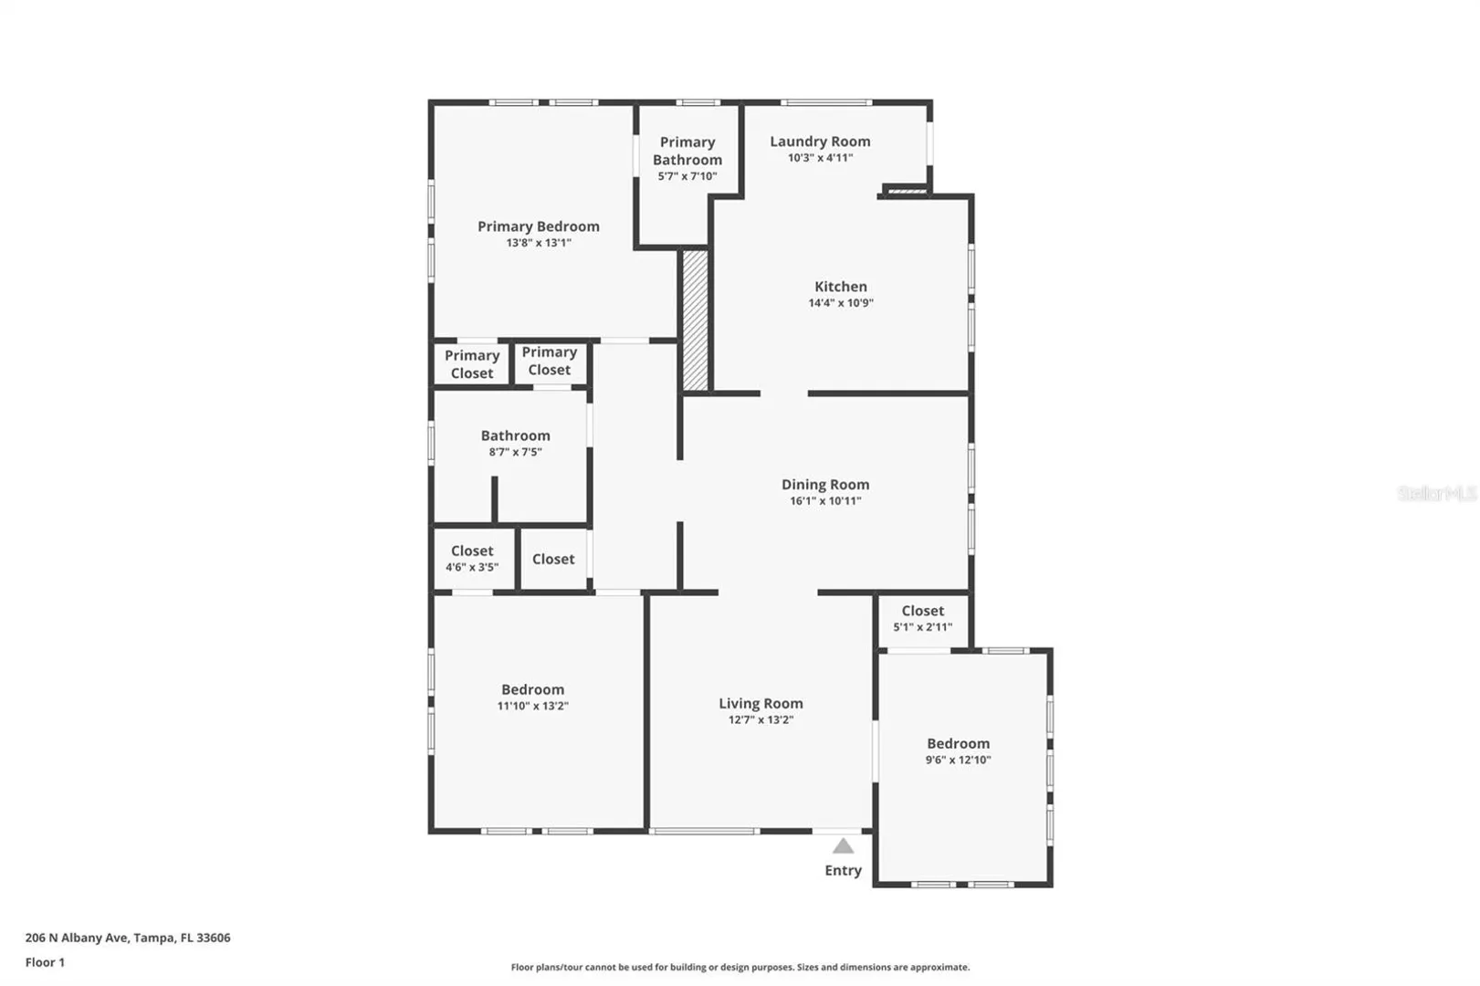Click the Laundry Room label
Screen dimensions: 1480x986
click(x=820, y=142)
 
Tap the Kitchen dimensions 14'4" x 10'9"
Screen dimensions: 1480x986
click(x=841, y=303)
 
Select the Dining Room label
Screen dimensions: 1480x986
click(x=825, y=485)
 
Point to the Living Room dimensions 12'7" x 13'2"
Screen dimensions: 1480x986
click(x=761, y=719)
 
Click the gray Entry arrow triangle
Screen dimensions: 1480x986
click(x=843, y=846)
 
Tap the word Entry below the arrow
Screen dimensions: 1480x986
click(x=843, y=870)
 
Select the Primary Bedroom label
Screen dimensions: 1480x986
click(x=539, y=226)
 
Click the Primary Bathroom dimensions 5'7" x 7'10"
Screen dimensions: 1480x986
click(x=688, y=176)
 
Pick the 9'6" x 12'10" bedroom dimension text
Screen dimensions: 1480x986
click(x=958, y=760)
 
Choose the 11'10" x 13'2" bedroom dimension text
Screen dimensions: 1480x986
click(x=532, y=706)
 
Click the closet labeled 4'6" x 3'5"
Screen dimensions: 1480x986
click(x=472, y=559)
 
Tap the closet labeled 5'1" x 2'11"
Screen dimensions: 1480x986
click(x=923, y=619)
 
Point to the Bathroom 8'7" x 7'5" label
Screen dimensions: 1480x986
click(x=515, y=443)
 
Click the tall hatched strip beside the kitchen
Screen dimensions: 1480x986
click(x=695, y=320)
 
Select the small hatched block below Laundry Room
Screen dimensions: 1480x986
click(x=908, y=192)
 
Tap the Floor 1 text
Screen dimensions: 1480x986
click(x=45, y=963)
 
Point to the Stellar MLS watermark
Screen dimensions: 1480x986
click(x=1438, y=493)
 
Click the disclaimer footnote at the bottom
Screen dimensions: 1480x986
click(x=740, y=968)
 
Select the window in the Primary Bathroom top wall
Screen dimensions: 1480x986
click(x=698, y=102)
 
